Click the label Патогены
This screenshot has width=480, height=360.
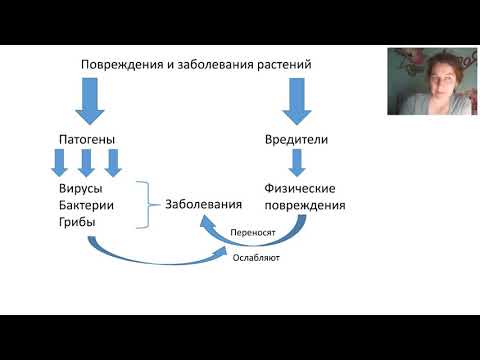pos(87,138)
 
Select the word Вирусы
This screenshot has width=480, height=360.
pos(82,187)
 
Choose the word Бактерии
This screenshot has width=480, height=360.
pos(88,204)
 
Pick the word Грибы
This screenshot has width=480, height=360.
pos(79,221)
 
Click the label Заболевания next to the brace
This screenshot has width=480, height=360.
pos(205,204)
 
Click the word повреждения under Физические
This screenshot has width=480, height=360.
pos(306,205)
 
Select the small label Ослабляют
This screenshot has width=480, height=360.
pos(256,257)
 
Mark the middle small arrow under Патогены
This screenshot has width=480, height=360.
pos(87,161)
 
